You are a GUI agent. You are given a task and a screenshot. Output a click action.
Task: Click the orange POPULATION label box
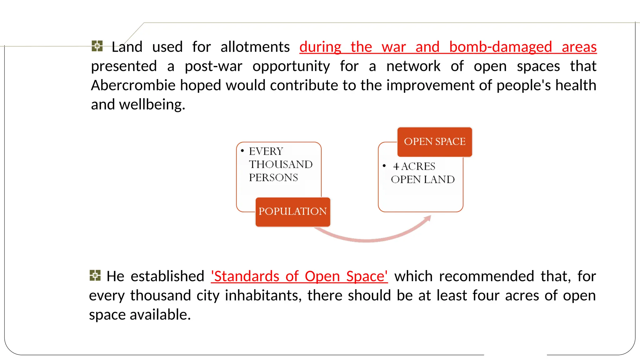click(293, 212)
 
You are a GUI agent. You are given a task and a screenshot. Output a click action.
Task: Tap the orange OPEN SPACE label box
click(434, 142)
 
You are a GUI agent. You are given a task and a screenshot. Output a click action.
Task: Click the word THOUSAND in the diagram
click(281, 164)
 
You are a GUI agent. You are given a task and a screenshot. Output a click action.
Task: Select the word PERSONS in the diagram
click(273, 177)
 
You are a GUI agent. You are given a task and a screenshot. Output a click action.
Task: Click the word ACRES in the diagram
click(418, 166)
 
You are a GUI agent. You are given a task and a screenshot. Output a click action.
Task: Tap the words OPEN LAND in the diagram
click(422, 179)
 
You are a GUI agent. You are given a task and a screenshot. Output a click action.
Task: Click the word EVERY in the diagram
click(266, 151)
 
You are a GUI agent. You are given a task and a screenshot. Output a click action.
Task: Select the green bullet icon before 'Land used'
click(97, 46)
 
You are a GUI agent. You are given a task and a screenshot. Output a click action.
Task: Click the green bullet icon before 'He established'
click(95, 275)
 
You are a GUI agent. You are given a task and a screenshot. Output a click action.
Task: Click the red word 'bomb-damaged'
click(500, 47)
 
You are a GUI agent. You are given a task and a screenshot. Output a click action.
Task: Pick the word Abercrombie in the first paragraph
click(133, 85)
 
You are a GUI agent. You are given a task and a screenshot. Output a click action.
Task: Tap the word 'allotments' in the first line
click(255, 47)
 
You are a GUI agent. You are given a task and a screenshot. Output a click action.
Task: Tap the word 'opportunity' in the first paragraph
click(291, 67)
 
